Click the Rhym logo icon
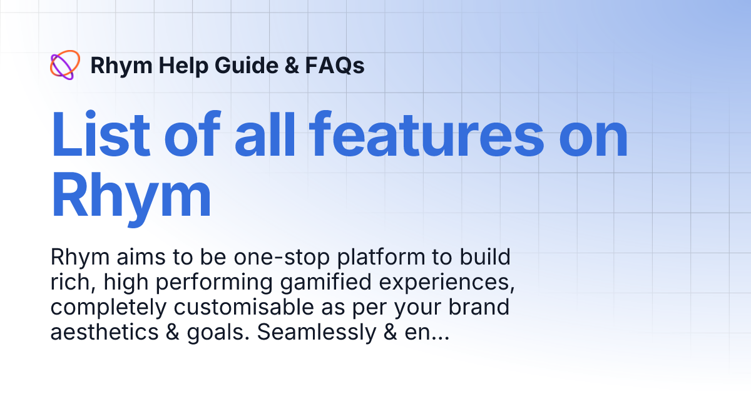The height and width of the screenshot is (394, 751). (x=64, y=65)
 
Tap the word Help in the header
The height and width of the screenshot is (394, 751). (x=173, y=66)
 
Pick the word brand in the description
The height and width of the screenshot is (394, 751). (x=479, y=308)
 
